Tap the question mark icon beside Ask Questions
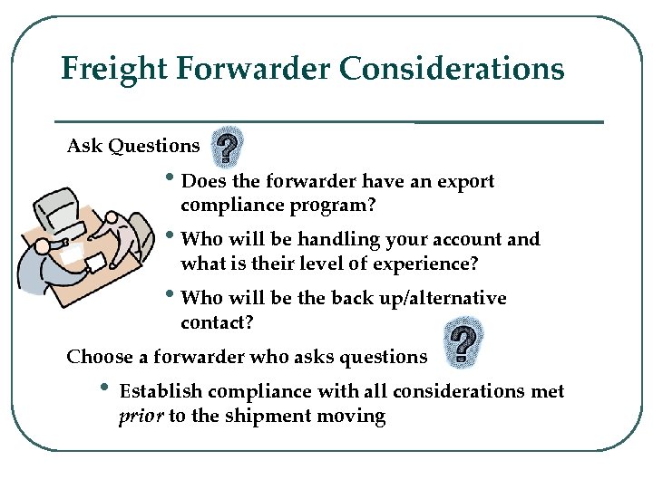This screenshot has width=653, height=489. (229, 145)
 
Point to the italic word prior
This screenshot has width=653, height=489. (140, 417)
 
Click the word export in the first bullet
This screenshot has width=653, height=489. (466, 182)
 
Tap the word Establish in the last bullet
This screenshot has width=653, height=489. (161, 392)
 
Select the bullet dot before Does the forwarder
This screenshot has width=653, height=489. (174, 178)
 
